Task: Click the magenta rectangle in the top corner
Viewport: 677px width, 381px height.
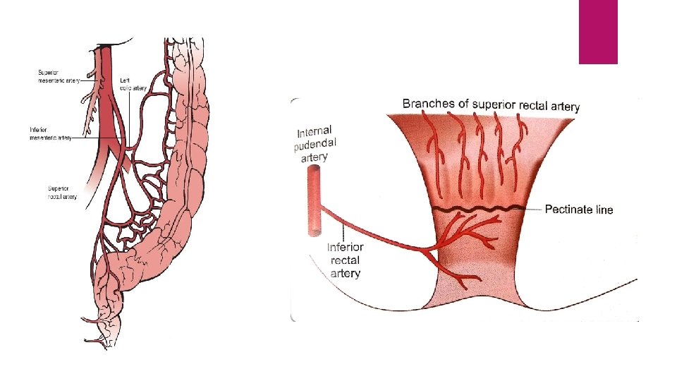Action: (x=598, y=31)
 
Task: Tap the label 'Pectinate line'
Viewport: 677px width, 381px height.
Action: (x=579, y=210)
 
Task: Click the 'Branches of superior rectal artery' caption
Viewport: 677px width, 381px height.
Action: (x=491, y=105)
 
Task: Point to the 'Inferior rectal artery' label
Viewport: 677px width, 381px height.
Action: (x=345, y=260)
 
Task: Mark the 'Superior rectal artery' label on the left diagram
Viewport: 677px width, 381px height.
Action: (x=62, y=192)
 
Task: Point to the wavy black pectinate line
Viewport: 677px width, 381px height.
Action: (x=480, y=210)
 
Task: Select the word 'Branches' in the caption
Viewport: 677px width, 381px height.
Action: (x=427, y=104)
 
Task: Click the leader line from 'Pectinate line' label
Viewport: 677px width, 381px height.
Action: (x=534, y=208)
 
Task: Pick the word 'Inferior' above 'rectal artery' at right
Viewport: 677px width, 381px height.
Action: (x=345, y=247)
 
